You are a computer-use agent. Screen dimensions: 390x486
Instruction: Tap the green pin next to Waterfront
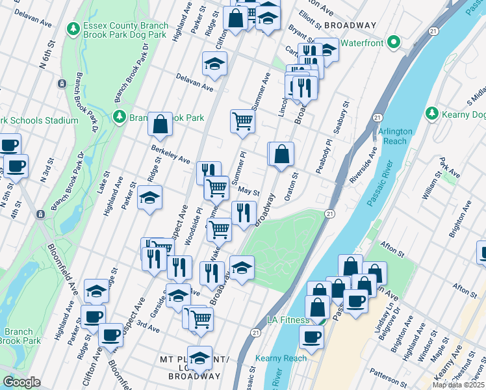(x=393, y=43)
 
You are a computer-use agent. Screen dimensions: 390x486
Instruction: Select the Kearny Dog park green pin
(x=432, y=114)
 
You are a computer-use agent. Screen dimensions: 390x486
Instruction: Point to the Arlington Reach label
(x=396, y=136)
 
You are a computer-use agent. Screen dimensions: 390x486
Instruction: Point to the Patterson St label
(x=387, y=374)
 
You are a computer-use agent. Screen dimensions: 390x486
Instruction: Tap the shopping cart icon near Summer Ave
(x=242, y=121)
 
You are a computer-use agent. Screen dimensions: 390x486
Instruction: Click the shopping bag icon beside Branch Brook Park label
(x=160, y=124)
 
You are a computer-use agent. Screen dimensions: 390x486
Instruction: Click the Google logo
(x=21, y=382)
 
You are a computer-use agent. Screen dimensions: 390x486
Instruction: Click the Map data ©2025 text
(x=457, y=385)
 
